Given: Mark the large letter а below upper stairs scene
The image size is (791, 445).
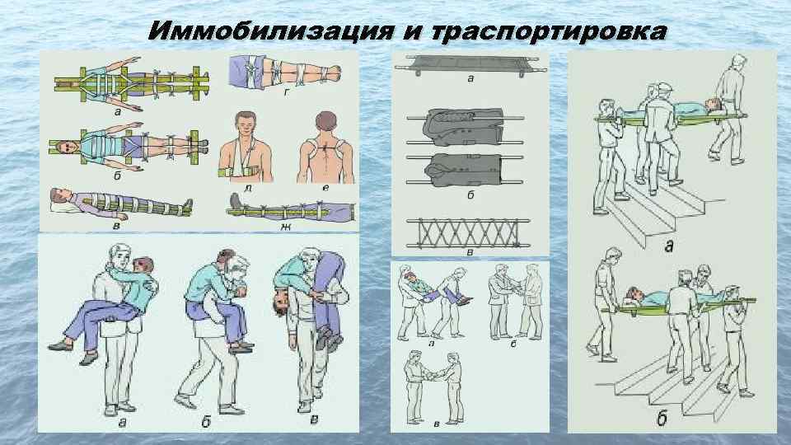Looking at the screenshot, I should pos(668,246).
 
